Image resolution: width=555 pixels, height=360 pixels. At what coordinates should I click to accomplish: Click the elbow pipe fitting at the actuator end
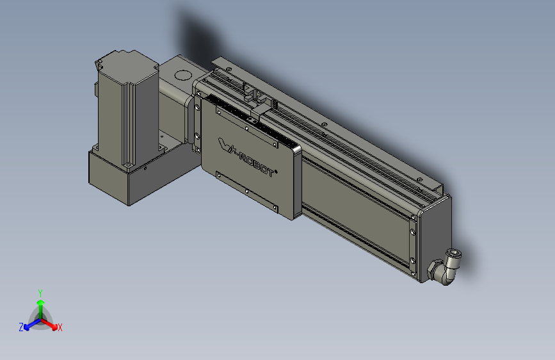[444, 267]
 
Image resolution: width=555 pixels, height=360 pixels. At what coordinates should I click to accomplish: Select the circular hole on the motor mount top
[183, 75]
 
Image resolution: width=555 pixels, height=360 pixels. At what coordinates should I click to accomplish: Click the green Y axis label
[40, 293]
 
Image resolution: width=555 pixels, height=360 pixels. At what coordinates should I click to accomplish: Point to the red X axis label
[60, 328]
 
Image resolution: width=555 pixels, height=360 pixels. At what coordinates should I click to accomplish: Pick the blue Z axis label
[21, 327]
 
